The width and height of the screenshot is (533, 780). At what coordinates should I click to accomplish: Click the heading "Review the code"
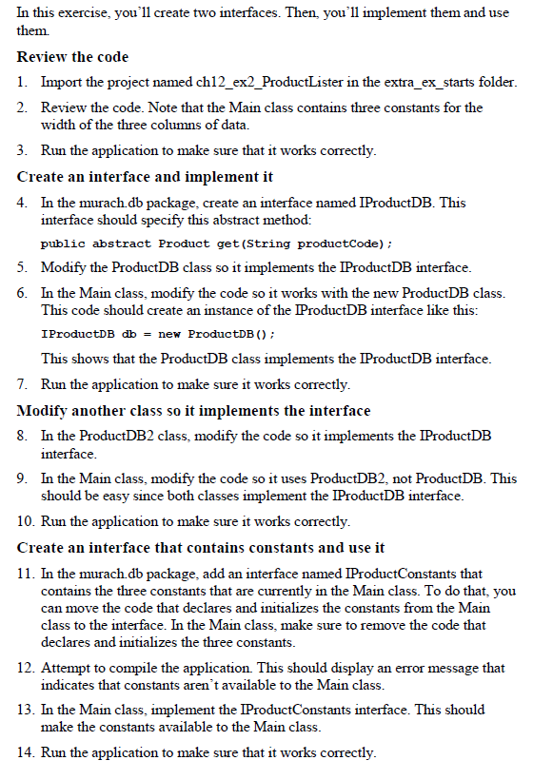click(x=73, y=57)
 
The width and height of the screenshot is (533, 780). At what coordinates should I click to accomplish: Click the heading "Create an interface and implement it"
click(x=145, y=176)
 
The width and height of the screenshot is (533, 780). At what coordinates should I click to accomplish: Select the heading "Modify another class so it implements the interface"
click(x=194, y=411)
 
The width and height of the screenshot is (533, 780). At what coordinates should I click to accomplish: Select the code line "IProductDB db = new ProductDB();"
click(x=159, y=335)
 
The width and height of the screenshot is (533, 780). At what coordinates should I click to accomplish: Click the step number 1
click(x=21, y=83)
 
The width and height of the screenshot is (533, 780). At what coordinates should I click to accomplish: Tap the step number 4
click(x=21, y=202)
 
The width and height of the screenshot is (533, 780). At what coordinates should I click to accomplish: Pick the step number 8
click(x=21, y=436)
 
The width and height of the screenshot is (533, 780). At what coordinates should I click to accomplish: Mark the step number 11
click(x=24, y=574)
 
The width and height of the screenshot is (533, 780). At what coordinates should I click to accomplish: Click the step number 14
click(x=24, y=752)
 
